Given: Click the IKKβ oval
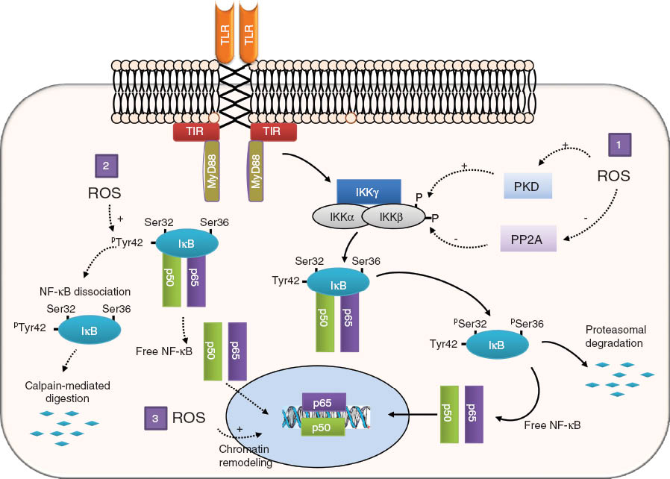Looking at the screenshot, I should click(392, 217).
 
